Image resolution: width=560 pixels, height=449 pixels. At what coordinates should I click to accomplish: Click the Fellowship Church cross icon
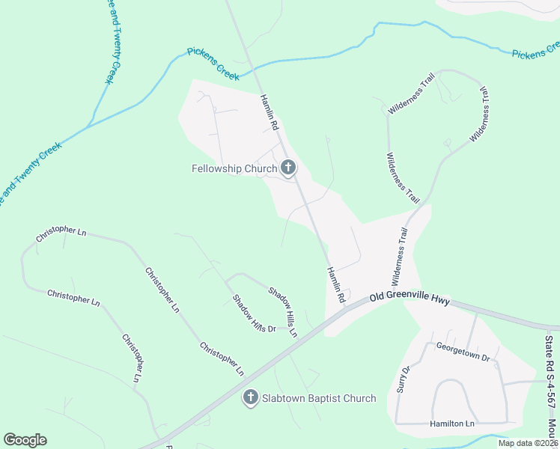pyautogui.click(x=287, y=168)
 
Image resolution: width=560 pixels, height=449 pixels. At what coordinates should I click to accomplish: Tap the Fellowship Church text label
pyautogui.click(x=234, y=168)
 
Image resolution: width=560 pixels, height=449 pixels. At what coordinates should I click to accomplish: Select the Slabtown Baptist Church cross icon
pyautogui.click(x=251, y=397)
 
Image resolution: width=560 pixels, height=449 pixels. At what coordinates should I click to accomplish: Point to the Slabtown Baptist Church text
pyautogui.click(x=319, y=398)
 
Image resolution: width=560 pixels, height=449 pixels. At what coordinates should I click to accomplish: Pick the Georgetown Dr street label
pyautogui.click(x=463, y=352)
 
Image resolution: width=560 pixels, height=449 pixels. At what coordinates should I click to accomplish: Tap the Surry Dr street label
pyautogui.click(x=404, y=379)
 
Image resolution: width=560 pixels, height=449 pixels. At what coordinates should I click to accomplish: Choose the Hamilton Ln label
pyautogui.click(x=452, y=424)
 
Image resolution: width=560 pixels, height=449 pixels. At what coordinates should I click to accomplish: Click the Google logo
pyautogui.click(x=25, y=440)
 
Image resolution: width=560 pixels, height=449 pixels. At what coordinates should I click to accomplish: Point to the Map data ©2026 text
pyautogui.click(x=528, y=443)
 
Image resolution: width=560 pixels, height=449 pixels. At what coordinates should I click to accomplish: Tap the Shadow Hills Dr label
pyautogui.click(x=254, y=314)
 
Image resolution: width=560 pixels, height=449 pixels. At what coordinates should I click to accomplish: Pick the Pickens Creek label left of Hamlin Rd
pyautogui.click(x=213, y=64)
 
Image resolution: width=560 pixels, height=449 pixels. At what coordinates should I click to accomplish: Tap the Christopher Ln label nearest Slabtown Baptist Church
pyautogui.click(x=222, y=358)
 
